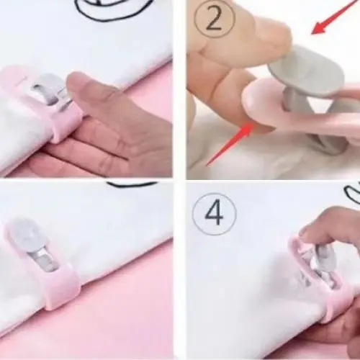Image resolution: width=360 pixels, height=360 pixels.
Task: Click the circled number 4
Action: click(x=215, y=214)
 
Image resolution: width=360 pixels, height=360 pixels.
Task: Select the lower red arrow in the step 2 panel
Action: click(x=230, y=144)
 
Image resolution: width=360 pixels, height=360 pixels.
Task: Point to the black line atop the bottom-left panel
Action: click(x=132, y=184)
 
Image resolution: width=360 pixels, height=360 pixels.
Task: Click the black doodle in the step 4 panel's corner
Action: click(x=352, y=192)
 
